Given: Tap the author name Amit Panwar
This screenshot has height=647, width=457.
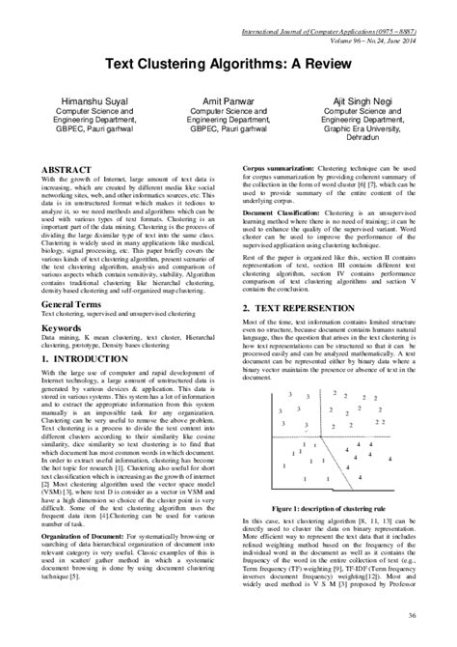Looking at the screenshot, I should coord(228,99).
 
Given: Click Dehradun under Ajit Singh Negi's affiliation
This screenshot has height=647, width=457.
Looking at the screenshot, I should coord(366,138).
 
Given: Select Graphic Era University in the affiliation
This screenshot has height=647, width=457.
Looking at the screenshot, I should coord(366,128).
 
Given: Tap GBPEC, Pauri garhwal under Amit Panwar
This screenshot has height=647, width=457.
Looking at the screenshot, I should coord(228,128).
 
